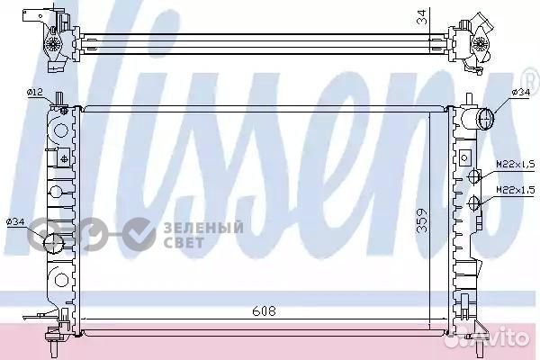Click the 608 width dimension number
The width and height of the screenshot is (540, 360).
[x=263, y=311]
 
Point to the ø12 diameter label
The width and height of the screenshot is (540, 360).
[x=36, y=92]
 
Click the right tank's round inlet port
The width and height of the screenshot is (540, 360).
[x=486, y=117]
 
